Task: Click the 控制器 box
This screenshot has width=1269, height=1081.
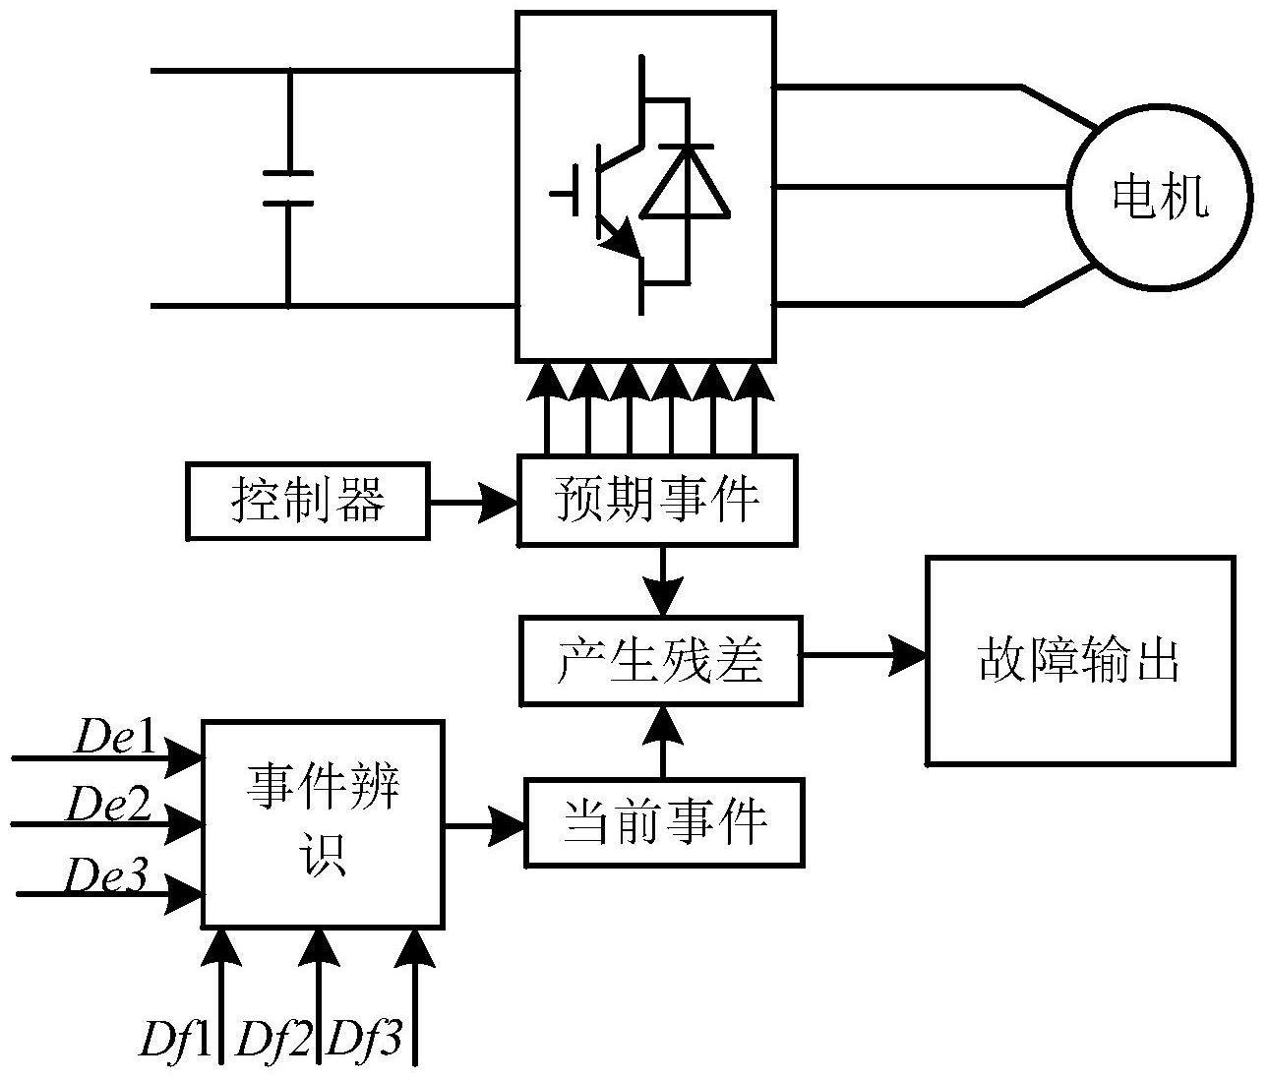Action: tap(307, 503)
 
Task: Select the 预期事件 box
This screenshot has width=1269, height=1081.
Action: tap(657, 501)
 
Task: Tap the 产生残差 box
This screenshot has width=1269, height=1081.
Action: tap(661, 660)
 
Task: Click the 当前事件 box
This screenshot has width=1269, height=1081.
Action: tap(664, 822)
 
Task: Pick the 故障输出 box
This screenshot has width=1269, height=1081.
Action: tap(1079, 660)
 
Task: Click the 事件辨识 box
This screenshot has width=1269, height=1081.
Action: tap(323, 822)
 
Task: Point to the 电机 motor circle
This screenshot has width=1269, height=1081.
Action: tap(1159, 197)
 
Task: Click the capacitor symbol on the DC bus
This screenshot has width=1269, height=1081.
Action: tap(288, 188)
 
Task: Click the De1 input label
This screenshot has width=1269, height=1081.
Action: tap(115, 740)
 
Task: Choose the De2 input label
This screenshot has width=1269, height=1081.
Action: tap(108, 805)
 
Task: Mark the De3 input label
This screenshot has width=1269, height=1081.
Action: tap(106, 874)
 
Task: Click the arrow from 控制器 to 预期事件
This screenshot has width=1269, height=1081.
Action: tap(473, 503)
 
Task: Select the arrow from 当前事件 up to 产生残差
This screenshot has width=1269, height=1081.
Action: tap(664, 743)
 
